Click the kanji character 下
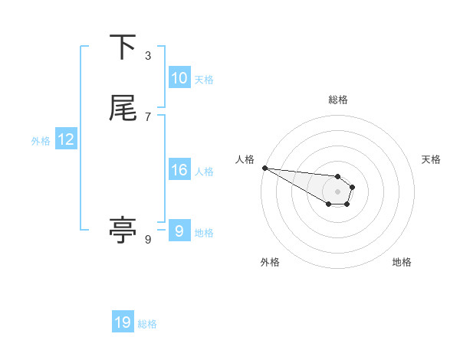123,47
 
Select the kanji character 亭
123,230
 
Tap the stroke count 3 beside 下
148,55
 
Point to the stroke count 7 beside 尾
148,116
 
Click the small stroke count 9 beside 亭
148,240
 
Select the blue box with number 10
179,78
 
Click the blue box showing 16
179,170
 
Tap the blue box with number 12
65,139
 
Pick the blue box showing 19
123,322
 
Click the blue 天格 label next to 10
204,80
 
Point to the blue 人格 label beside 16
204,172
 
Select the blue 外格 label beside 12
41,141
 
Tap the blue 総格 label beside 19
147,324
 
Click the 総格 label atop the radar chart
337,100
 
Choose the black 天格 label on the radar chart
431,159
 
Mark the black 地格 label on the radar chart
402,262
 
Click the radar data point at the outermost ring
264,168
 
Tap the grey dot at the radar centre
337,191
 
